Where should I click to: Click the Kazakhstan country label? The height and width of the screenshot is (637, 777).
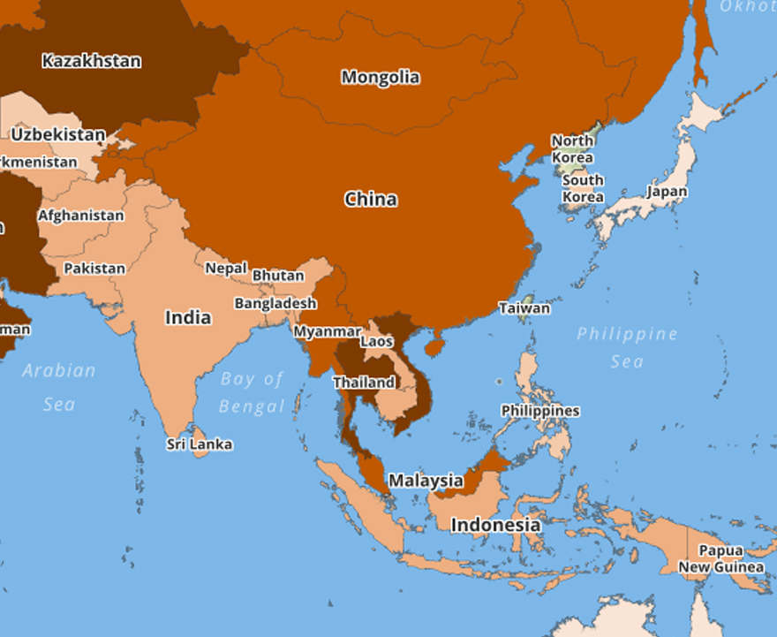point(91,61)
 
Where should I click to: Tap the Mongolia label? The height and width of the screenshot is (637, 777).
point(381,77)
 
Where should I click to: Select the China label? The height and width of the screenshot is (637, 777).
point(371,199)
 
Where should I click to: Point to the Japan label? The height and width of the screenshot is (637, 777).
point(667,191)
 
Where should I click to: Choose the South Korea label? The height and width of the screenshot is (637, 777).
point(583,187)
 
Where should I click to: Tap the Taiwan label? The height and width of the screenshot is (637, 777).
point(524,308)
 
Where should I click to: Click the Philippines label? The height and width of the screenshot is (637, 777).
point(540,411)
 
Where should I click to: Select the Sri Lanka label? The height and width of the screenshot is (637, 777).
point(200,444)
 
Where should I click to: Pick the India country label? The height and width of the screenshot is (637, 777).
point(188,317)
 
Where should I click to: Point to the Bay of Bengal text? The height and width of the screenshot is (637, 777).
point(253,392)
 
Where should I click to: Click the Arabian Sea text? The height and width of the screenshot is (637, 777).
point(59,387)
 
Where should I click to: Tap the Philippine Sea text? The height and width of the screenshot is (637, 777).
point(628,347)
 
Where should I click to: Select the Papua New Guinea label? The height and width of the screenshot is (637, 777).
point(720,558)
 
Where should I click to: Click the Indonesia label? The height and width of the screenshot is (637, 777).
point(495,525)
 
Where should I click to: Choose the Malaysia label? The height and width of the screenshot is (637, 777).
point(426,481)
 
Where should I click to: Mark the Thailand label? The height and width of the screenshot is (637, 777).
point(364,383)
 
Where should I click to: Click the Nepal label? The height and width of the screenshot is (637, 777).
point(226,268)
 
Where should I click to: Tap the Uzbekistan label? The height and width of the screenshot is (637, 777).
point(58,134)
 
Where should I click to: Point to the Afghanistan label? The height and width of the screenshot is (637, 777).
point(81,215)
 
